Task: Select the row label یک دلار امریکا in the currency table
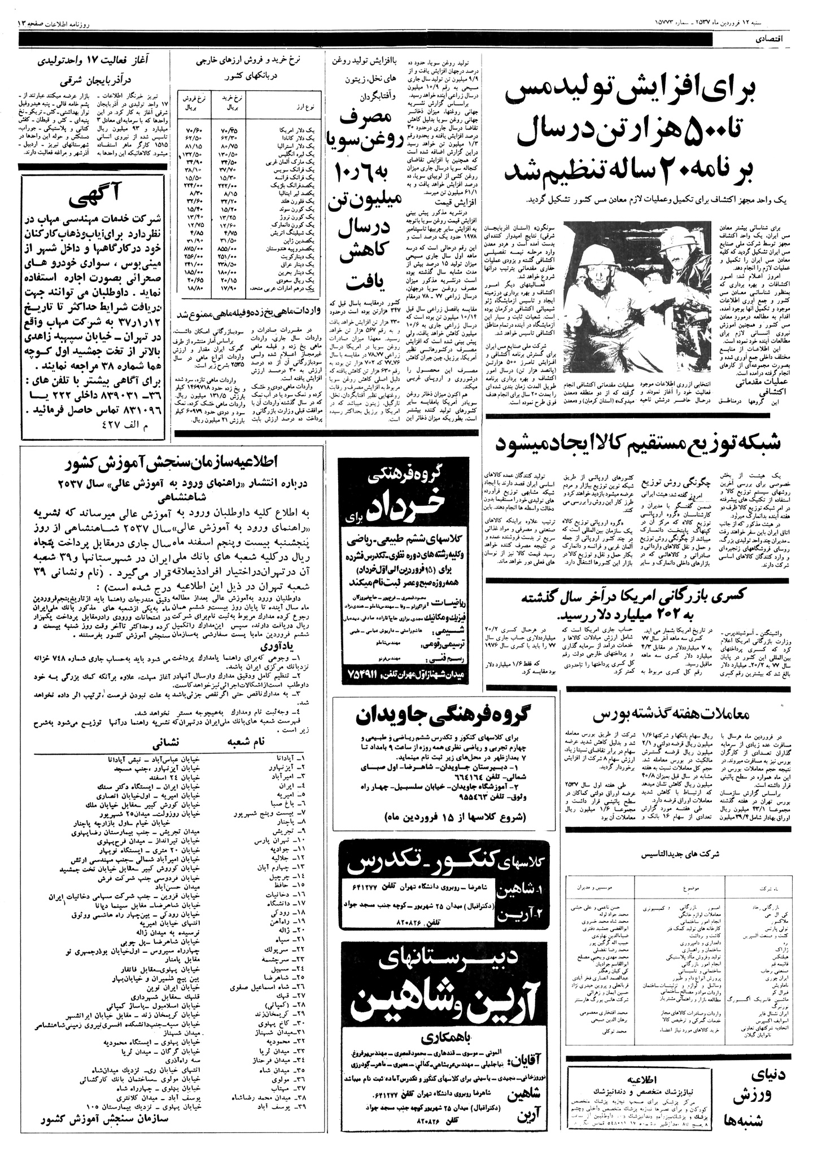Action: tap(294, 130)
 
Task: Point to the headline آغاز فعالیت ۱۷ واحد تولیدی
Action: tap(96, 58)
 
